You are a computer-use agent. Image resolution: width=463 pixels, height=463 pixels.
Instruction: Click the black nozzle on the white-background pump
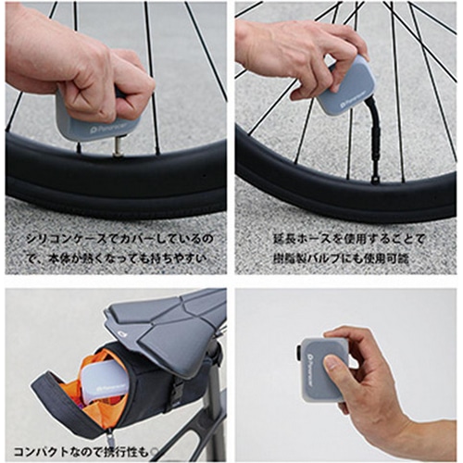point(297,353)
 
